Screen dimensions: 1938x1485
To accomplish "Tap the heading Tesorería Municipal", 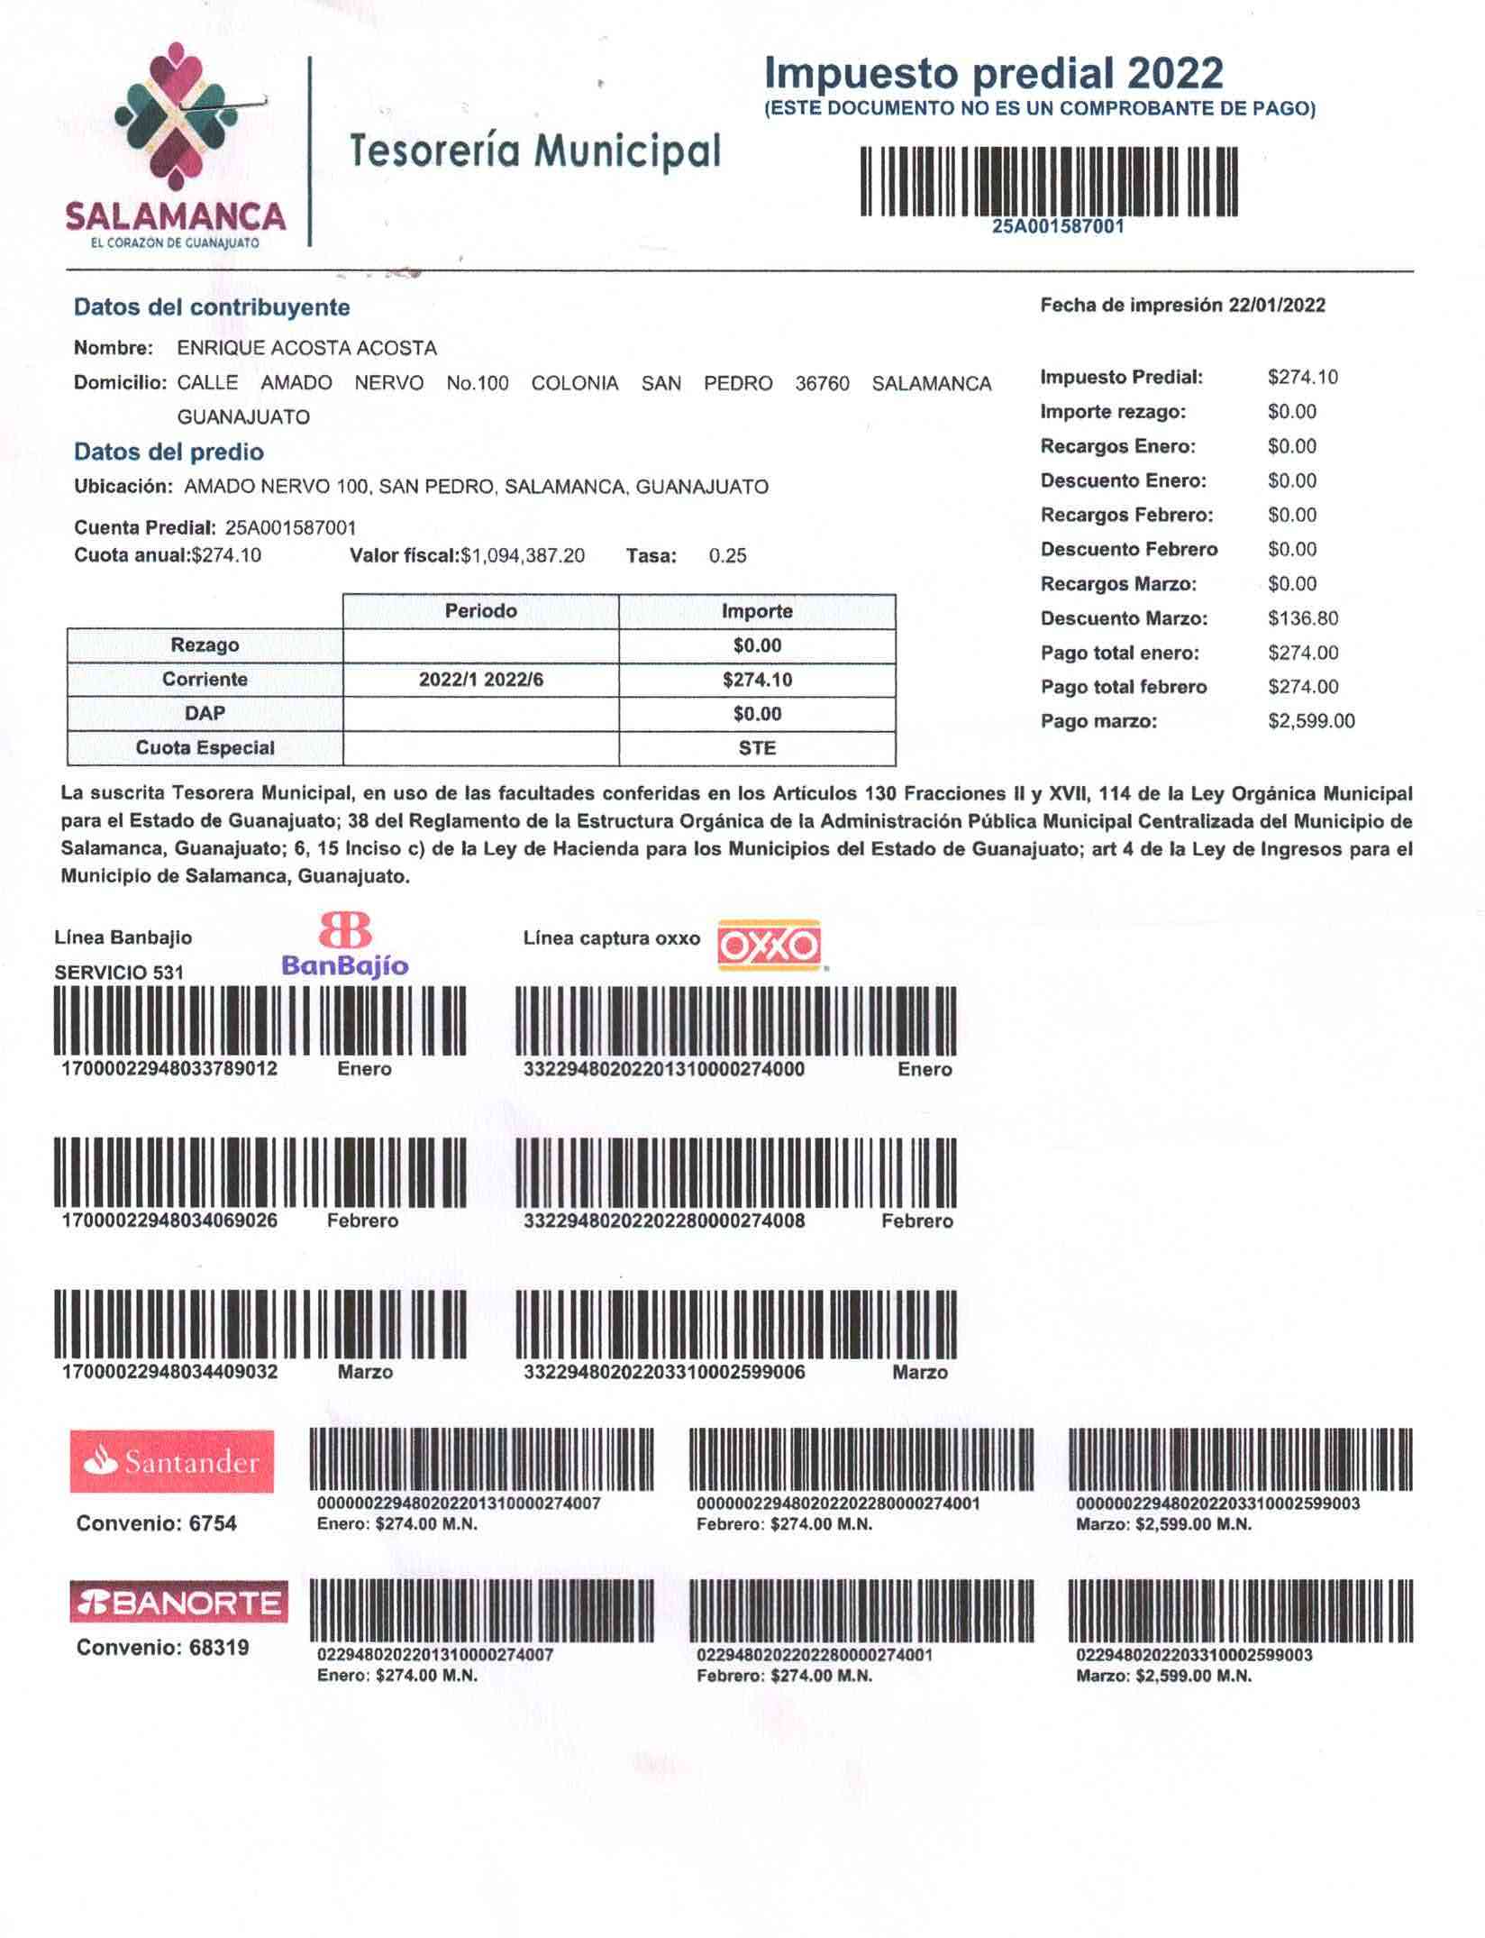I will [535, 151].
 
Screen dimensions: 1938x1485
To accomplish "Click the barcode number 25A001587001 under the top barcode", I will [1058, 227].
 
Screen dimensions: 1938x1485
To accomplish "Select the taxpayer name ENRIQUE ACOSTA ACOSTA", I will [306, 349].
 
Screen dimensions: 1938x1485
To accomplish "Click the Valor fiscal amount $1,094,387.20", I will [523, 556].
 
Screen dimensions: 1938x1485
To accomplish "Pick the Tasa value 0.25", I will [727, 556].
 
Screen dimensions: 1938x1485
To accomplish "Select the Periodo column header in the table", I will [480, 611].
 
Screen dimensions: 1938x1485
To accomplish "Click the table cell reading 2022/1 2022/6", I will [480, 680].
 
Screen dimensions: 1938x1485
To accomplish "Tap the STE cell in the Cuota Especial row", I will [757, 748].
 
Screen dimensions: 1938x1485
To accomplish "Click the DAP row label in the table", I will [205, 714].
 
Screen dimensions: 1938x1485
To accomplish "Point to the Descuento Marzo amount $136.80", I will [1302, 619].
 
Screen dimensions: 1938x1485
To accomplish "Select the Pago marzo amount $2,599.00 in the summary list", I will [1310, 722].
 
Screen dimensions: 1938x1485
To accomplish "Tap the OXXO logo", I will [769, 946].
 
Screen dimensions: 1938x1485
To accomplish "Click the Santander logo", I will [172, 1462].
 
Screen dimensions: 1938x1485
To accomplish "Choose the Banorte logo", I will [178, 1603].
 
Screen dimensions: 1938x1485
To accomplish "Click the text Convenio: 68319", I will [162, 1648].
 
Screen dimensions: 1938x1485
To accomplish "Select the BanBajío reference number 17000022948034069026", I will [169, 1221].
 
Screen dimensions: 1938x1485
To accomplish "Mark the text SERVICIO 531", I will [119, 973].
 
